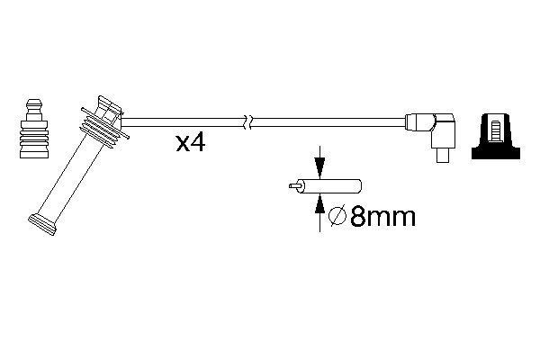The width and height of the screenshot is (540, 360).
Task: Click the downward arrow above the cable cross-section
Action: [318, 166]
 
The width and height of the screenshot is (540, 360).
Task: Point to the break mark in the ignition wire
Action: [248, 120]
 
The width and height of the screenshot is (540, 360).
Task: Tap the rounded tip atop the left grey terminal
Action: [34, 101]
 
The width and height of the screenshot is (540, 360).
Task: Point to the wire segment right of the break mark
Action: [324, 121]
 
